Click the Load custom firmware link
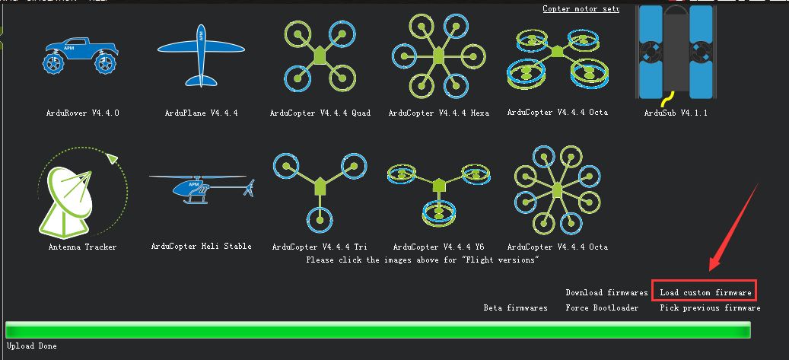click(705, 292)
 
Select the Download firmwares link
click(606, 292)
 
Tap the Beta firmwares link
click(515, 308)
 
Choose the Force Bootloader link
click(602, 308)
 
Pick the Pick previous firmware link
click(710, 308)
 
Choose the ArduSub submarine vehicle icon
click(676, 52)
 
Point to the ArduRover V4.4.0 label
click(82, 113)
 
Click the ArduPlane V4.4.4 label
click(201, 113)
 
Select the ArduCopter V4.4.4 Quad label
click(320, 113)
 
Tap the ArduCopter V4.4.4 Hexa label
click(438, 113)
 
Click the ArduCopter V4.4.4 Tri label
click(320, 247)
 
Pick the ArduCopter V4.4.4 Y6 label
click(438, 247)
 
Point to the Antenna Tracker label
click(82, 247)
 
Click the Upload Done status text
click(31, 346)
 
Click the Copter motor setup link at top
click(581, 8)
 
